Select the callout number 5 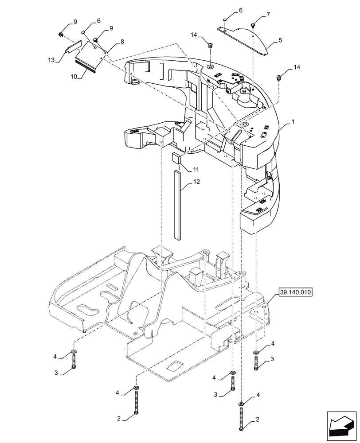point(280,41)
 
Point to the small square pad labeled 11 point(176,159)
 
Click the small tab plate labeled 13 point(74,47)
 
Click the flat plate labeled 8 point(91,52)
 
